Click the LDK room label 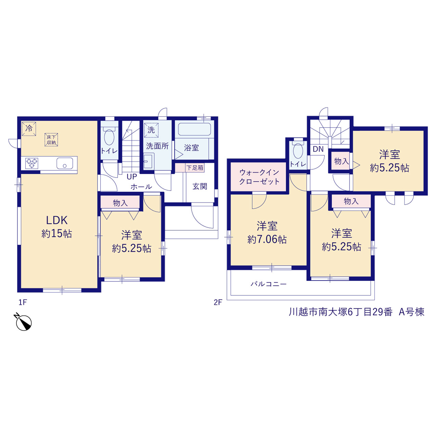(57, 220)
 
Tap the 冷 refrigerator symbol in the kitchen (29, 129)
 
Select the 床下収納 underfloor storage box (51, 140)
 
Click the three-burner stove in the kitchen (31, 164)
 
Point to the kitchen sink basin (65, 163)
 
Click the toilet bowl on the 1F (110, 137)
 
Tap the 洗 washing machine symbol (151, 130)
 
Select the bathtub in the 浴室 (194, 129)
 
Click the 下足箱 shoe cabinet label (195, 168)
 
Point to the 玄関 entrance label (200, 186)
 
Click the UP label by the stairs (132, 177)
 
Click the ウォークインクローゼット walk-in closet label (259, 177)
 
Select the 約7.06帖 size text (267, 239)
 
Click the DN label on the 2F (318, 149)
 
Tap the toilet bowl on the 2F (298, 151)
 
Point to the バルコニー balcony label (268, 284)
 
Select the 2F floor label (218, 302)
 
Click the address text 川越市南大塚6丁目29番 (340, 312)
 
